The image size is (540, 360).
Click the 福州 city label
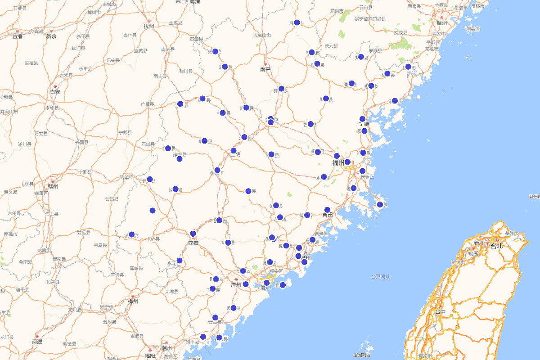pos(338,162)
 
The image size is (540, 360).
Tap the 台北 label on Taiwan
pos(496,246)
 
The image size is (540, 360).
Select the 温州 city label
pos(442,22)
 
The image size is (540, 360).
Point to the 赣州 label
pos(53,186)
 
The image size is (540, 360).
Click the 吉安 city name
pos(55,91)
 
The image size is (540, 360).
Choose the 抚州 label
pos(149,26)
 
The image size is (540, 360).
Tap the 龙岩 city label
pos(193,243)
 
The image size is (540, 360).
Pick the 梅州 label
pos(133,301)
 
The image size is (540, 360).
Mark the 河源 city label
pos(37,342)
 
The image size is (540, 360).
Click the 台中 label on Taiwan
pos(440,311)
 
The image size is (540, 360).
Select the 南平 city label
pos(265,69)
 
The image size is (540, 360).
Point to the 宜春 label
pos(18,36)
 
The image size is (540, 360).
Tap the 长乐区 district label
pos(367,177)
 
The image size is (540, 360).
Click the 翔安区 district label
pos(276,271)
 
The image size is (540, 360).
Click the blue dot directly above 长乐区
pos(363,171)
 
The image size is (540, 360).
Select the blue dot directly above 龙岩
pos(193,234)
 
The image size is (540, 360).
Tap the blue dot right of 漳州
pos(246,284)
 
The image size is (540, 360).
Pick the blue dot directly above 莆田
pos(327,210)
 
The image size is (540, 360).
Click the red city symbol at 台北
pos(497,240)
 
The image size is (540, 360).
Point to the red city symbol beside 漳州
pos(236,279)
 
